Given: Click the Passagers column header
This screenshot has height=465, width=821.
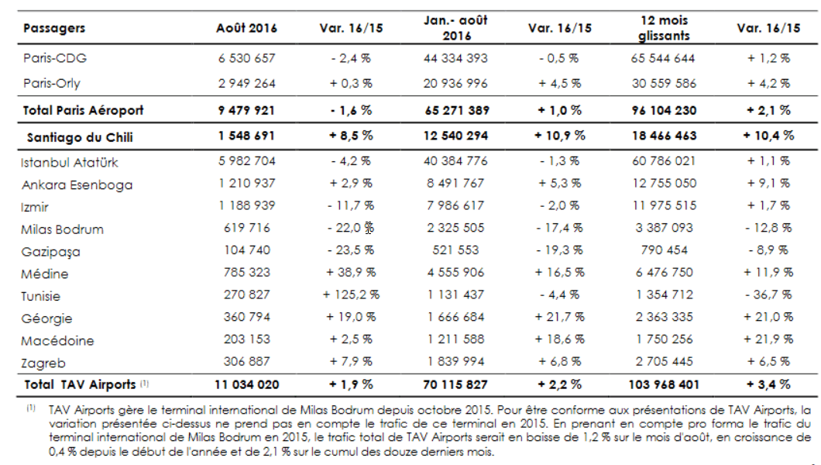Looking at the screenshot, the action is click(54, 28).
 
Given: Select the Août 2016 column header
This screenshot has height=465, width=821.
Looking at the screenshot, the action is click(246, 28).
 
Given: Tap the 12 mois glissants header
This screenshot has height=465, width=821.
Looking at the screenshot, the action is click(664, 28).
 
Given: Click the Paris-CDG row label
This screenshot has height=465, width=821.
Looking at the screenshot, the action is click(55, 58).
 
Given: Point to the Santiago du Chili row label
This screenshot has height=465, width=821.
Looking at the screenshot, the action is click(80, 137).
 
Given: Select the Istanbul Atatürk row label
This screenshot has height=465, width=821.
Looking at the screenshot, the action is click(70, 162).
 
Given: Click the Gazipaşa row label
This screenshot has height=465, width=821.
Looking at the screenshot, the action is click(51, 252).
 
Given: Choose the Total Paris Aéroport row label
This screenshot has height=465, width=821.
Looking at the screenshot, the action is click(83, 111).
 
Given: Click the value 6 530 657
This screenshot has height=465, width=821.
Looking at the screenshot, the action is click(246, 58).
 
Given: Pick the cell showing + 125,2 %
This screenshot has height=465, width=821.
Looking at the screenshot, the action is click(351, 294).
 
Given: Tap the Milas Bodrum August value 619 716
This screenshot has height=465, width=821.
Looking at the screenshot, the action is click(246, 228).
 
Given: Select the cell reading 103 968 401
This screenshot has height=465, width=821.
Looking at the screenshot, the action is click(664, 385).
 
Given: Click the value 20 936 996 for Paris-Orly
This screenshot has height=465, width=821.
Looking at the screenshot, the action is click(455, 83).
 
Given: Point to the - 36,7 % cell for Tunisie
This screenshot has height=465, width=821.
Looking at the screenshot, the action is click(768, 294).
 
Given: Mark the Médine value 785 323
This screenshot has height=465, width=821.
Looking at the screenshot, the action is click(246, 272).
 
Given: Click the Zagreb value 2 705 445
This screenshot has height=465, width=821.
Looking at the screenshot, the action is click(664, 361).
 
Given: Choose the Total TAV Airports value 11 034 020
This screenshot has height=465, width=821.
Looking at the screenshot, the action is click(246, 385).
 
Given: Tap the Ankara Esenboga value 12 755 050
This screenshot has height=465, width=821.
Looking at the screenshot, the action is click(664, 183).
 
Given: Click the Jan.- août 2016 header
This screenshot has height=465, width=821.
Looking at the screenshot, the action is click(455, 28).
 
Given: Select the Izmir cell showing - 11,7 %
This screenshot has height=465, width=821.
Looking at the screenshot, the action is click(351, 206).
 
